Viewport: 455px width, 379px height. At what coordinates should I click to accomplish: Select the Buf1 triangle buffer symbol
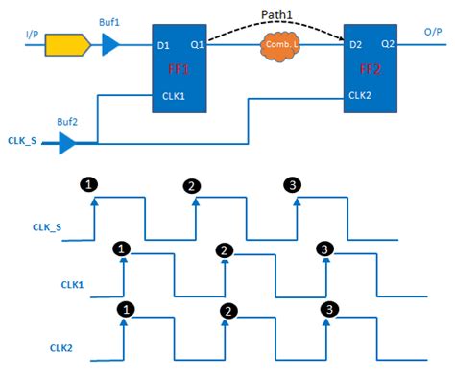click(x=111, y=43)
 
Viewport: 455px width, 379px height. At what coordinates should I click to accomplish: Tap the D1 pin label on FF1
click(x=163, y=44)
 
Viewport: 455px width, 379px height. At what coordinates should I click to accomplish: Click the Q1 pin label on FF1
click(x=197, y=44)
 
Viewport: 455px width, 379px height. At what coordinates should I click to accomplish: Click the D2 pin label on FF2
click(x=354, y=44)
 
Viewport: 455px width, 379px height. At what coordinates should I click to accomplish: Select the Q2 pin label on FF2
click(x=388, y=44)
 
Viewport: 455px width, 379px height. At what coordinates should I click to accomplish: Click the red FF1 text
click(x=181, y=70)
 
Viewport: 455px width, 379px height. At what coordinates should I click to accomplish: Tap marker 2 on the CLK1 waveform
click(x=224, y=249)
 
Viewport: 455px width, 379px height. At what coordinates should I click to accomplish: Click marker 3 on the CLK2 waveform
click(x=328, y=309)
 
